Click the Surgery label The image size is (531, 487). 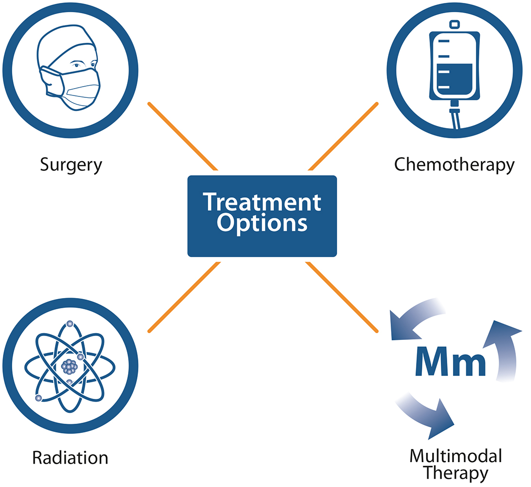[71, 165]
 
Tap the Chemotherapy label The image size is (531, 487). [454, 165]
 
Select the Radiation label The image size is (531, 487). [70, 458]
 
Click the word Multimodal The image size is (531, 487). [455, 456]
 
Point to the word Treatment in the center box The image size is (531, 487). [262, 202]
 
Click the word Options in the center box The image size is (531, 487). [262, 223]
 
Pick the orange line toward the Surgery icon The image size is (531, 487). [182, 136]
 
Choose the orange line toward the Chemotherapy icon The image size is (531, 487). [343, 136]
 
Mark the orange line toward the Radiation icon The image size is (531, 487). [183, 297]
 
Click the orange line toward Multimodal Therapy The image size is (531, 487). [342, 297]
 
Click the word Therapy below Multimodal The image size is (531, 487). [455, 472]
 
